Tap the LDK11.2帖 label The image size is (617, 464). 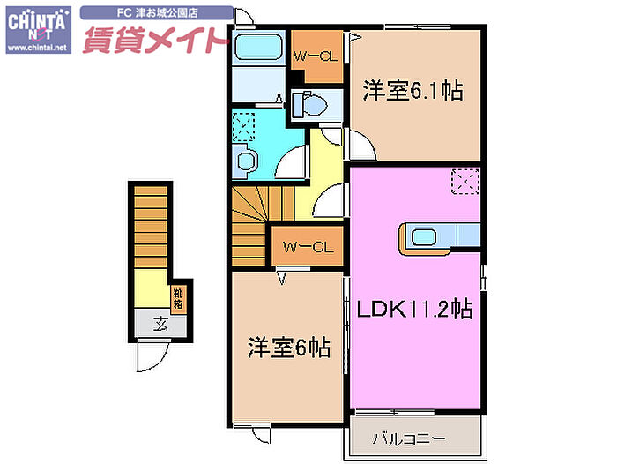pyautogui.click(x=414, y=309)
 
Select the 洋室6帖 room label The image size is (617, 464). pyautogui.click(x=288, y=348)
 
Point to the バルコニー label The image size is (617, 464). pyautogui.click(x=408, y=438)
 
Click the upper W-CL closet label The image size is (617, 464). pyautogui.click(x=315, y=57)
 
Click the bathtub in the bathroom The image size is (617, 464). pyautogui.click(x=260, y=48)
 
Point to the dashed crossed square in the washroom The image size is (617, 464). pyautogui.click(x=243, y=126)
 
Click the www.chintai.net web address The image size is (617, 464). pyautogui.click(x=36, y=48)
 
